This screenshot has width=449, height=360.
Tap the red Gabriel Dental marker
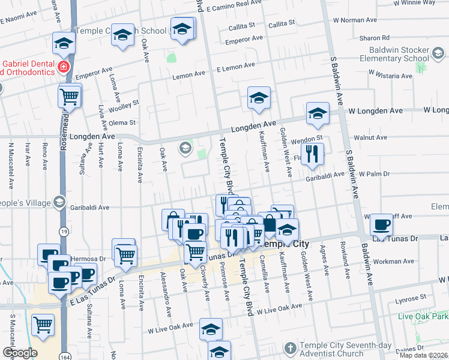(62, 67)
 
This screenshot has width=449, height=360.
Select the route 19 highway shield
(64, 230)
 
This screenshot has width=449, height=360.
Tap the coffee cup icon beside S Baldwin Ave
(381, 225)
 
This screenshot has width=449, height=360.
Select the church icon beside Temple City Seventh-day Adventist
(290, 348)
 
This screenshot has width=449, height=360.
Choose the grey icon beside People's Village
(59, 202)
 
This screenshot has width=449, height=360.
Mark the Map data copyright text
(423, 355)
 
